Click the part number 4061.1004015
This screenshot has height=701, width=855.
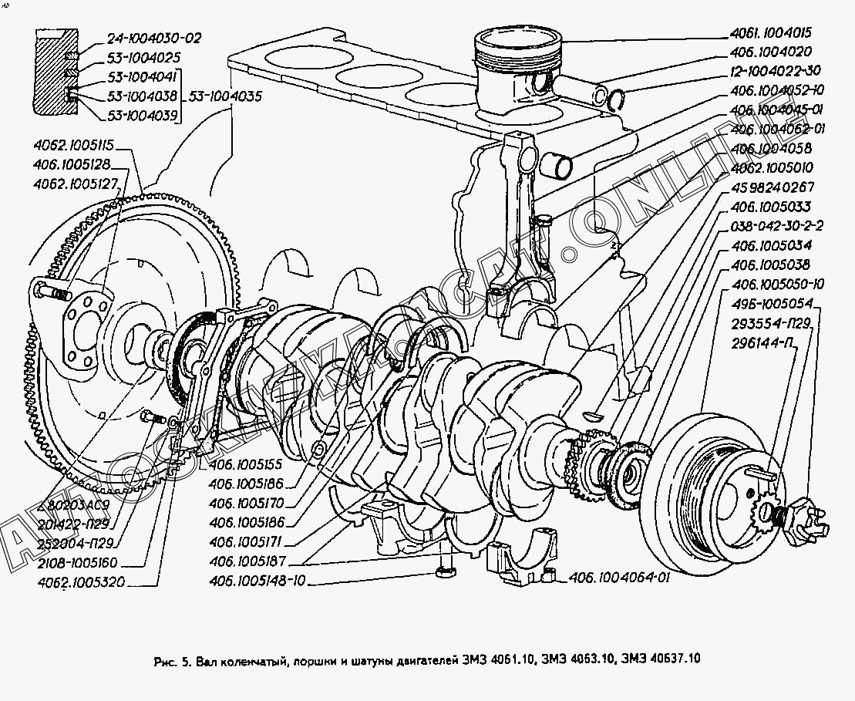(771, 34)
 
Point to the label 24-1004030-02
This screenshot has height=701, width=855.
(143, 38)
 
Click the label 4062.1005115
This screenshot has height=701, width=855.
(73, 145)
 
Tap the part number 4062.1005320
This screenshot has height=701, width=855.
(80, 581)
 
